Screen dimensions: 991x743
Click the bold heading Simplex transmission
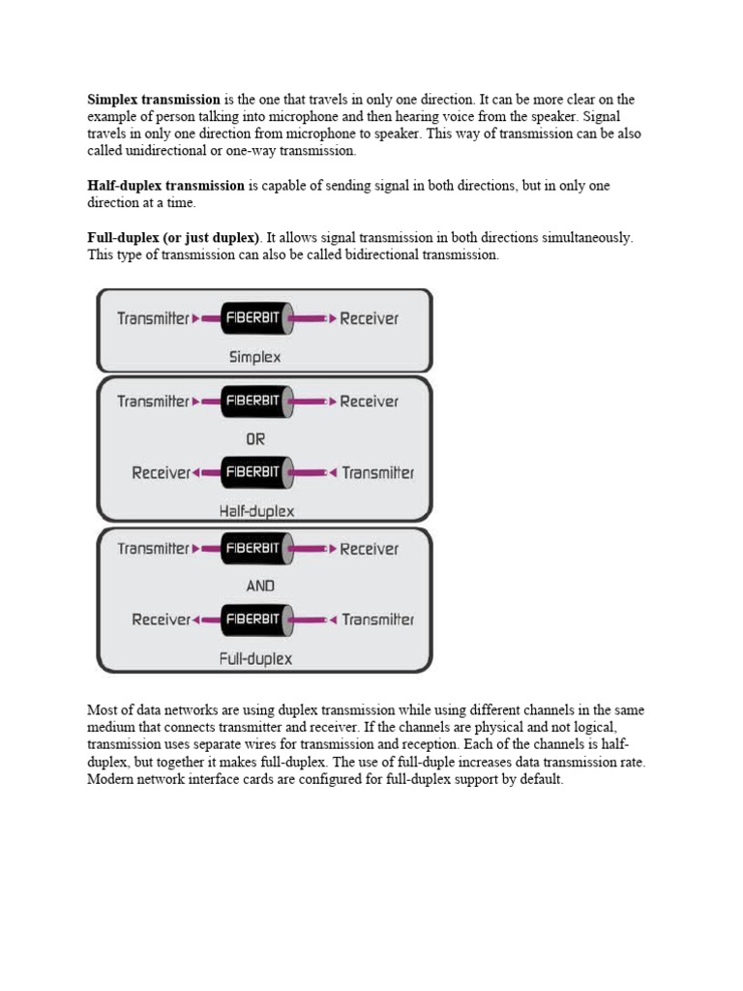154,100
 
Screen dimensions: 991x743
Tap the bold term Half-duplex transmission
165,185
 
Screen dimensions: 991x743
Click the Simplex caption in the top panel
254,356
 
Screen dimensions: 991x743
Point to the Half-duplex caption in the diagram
256,510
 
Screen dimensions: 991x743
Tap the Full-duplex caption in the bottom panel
255,659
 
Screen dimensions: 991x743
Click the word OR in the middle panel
255,438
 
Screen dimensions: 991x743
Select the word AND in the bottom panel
260,586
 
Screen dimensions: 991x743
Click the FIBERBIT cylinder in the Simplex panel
254,317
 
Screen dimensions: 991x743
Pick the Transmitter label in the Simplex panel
153,317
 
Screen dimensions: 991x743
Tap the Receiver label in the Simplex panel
369,317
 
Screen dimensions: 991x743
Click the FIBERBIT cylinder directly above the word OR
254,401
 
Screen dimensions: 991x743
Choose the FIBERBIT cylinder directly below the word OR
254,473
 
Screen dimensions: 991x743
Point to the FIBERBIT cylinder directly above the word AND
254,548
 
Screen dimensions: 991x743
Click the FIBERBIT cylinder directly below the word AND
254,619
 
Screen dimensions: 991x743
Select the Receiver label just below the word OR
161,473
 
